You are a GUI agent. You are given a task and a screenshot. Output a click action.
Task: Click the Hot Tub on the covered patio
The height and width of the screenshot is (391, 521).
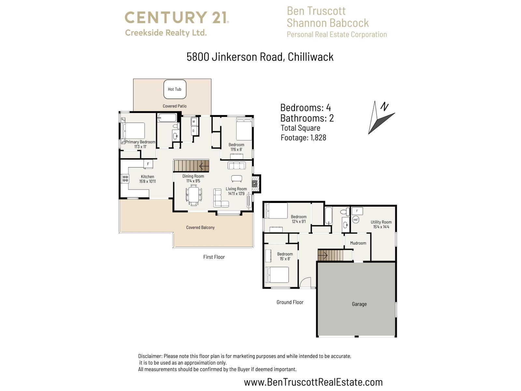(175, 89)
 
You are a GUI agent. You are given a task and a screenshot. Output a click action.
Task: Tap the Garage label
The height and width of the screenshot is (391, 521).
(359, 304)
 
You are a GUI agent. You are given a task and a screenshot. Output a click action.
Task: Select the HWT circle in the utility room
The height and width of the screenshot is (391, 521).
(356, 220)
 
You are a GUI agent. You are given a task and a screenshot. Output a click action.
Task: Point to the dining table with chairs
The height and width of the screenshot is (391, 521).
(194, 195)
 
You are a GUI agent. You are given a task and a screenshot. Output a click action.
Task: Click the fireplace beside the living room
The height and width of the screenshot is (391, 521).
(255, 184)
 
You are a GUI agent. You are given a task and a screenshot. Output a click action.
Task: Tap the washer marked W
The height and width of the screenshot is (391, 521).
(194, 122)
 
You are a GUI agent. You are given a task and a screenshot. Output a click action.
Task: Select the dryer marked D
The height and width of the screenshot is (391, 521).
(193, 131)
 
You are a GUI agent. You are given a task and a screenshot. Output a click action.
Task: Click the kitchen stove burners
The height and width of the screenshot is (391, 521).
(125, 179)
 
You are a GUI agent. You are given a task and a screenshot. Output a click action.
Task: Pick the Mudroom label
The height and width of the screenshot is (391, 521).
(358, 243)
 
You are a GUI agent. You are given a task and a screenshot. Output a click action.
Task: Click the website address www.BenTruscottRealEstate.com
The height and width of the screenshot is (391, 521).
(313, 382)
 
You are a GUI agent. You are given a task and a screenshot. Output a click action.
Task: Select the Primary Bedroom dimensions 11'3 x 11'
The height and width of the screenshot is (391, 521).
(140, 147)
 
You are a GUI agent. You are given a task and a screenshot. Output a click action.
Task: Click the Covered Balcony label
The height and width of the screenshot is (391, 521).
(200, 227)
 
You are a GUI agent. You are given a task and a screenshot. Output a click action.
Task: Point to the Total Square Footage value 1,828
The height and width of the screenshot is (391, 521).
(318, 138)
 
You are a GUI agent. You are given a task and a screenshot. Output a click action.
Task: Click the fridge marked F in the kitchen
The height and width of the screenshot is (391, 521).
(148, 164)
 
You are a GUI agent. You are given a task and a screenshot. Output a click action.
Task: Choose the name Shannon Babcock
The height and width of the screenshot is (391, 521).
(328, 23)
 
